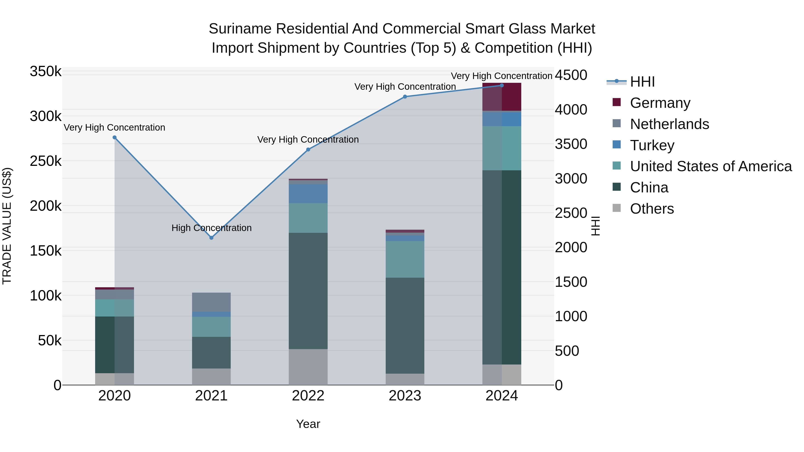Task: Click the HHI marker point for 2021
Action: click(x=211, y=238)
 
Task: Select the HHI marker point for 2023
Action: click(x=405, y=97)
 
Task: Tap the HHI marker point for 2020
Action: click(x=115, y=137)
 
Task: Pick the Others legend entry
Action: click(x=652, y=209)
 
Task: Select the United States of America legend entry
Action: click(x=710, y=166)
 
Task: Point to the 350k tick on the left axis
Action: click(x=46, y=71)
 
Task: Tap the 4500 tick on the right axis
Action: click(x=571, y=75)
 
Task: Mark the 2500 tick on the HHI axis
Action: click(x=571, y=213)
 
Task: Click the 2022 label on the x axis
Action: click(x=308, y=396)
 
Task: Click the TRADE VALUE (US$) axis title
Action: click(x=7, y=226)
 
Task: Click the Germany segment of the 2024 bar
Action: click(x=502, y=97)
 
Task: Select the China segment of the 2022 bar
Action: click(x=308, y=291)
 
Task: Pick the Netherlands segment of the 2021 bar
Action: click(x=211, y=302)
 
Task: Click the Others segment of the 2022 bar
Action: click(x=308, y=367)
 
